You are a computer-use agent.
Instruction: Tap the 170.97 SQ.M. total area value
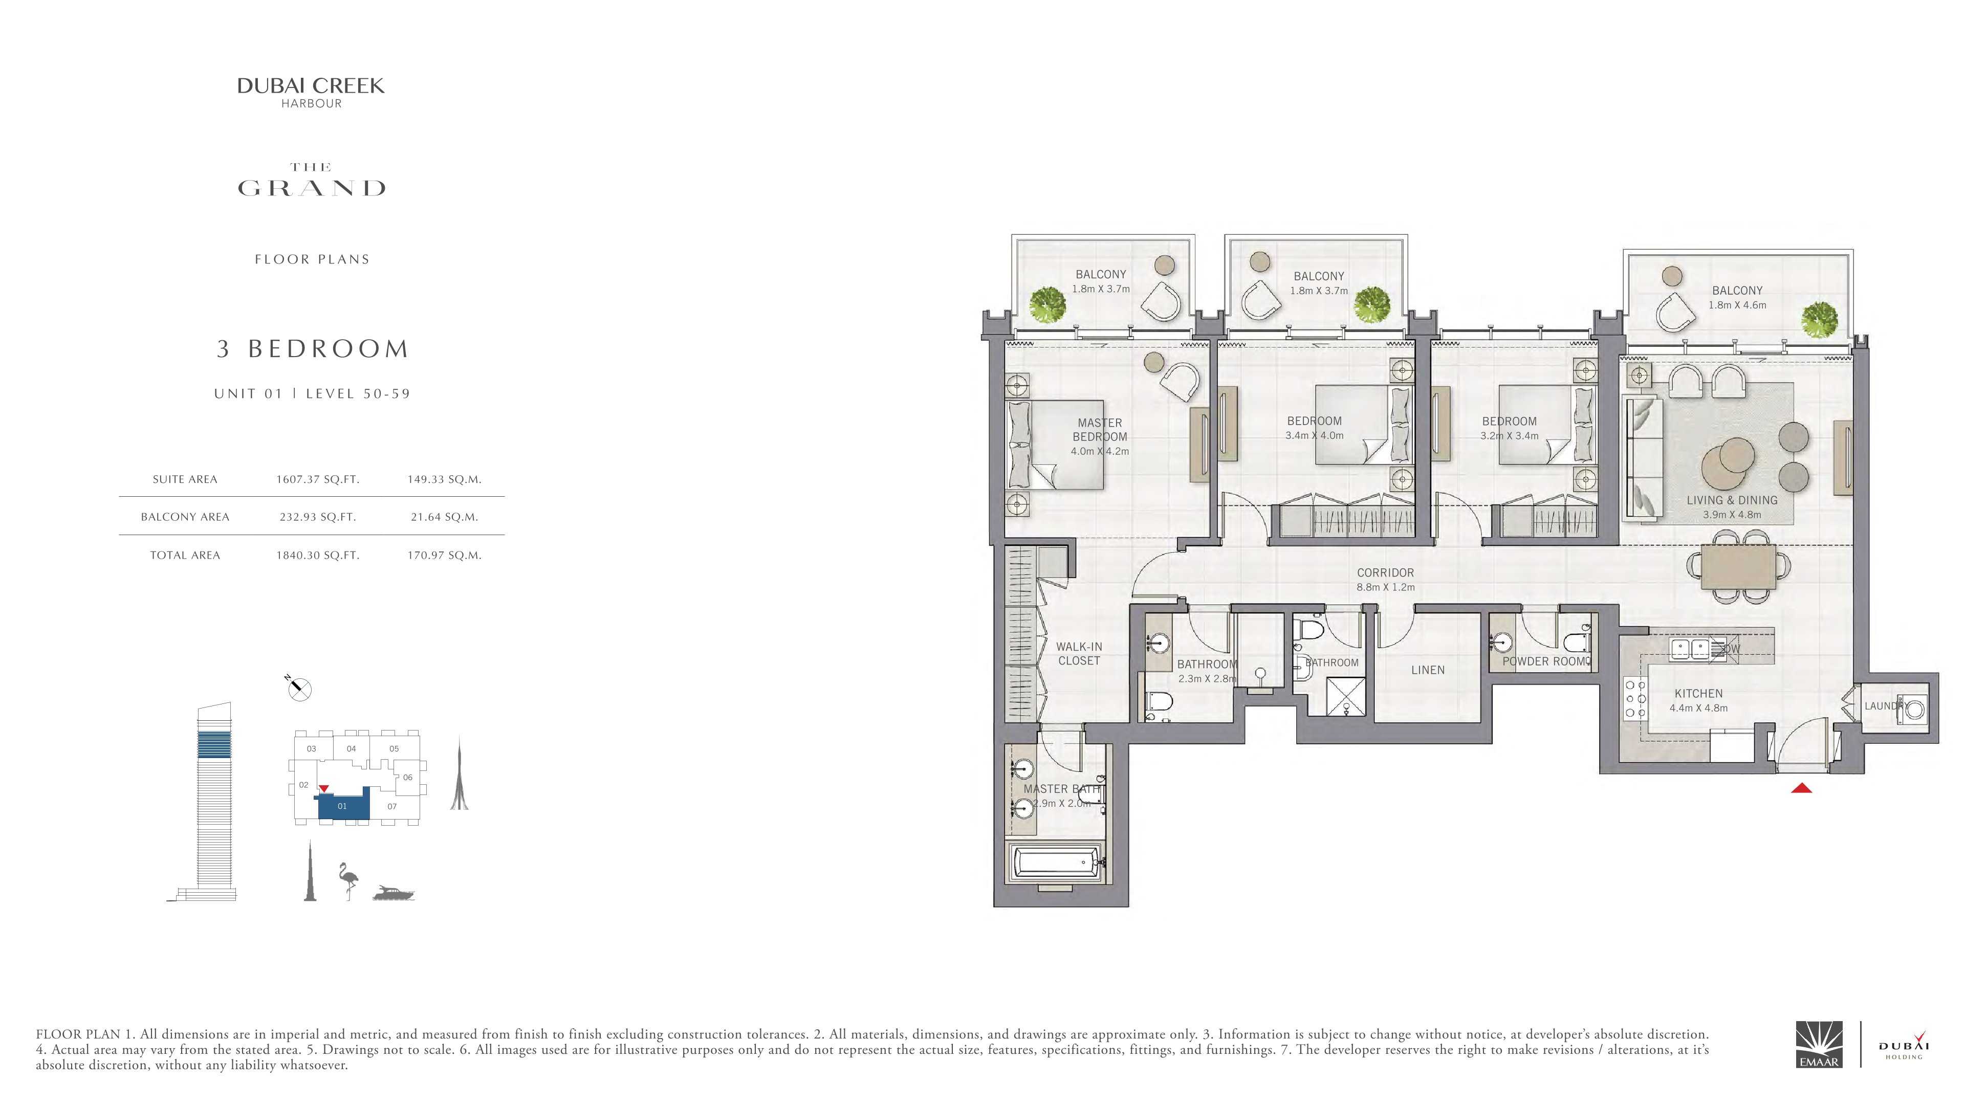(444, 555)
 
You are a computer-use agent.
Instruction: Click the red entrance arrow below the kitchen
(1801, 788)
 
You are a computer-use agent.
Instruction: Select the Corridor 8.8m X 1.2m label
(1385, 580)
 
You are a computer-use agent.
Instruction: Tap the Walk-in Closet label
(1079, 654)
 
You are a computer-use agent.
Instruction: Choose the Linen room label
(1427, 670)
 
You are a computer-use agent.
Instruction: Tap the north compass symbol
(298, 688)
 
